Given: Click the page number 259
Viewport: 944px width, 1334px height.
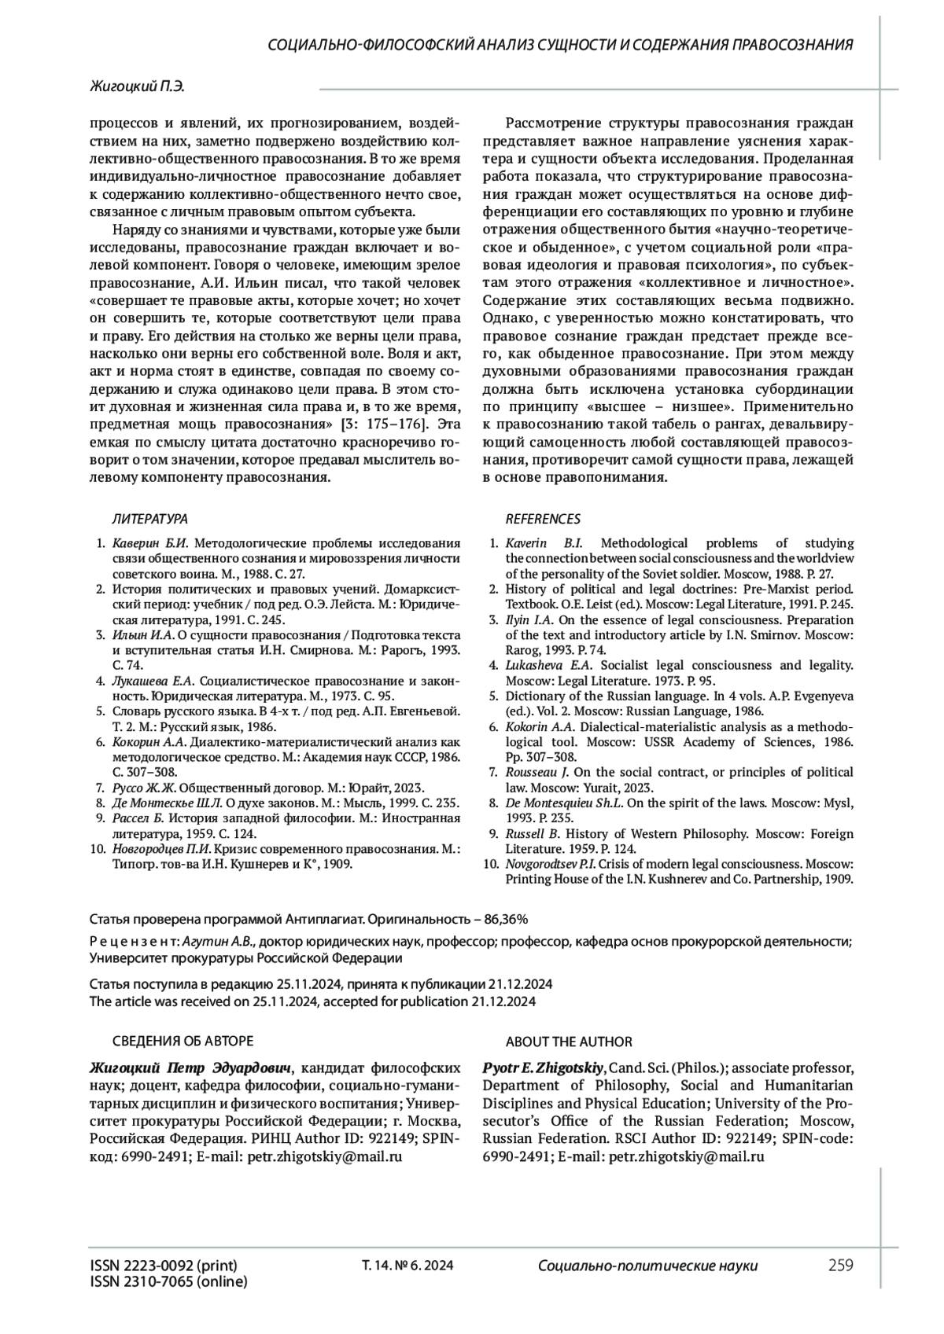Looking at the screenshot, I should click(840, 1265).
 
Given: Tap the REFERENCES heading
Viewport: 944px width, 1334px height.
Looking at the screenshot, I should click(543, 519).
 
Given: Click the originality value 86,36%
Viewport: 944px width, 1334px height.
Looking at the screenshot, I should click(505, 918).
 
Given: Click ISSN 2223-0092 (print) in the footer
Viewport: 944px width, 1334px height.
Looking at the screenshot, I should click(164, 1266).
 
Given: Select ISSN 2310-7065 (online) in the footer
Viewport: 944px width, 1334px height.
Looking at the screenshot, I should click(168, 1282).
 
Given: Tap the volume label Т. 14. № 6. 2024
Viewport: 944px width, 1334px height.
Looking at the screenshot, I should click(407, 1266).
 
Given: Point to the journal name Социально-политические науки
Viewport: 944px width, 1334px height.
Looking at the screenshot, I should click(648, 1266).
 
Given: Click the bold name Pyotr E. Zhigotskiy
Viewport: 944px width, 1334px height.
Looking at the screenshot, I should click(543, 1068).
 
